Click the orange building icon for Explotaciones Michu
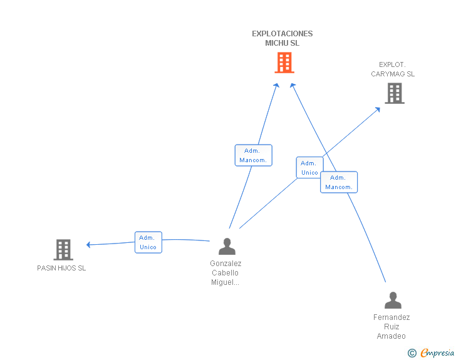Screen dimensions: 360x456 pyautogui.click(x=284, y=63)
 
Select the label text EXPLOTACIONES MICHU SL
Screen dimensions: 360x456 pyautogui.click(x=282, y=38)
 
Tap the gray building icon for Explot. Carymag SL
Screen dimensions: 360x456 pyautogui.click(x=394, y=93)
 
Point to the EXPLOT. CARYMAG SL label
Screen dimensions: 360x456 pyautogui.click(x=393, y=69)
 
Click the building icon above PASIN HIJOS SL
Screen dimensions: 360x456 pyautogui.click(x=63, y=249)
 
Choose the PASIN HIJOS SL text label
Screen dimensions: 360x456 pyautogui.click(x=61, y=268)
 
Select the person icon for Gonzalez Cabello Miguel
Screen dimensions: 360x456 pyautogui.click(x=227, y=246)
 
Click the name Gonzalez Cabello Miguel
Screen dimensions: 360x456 pyautogui.click(x=225, y=273)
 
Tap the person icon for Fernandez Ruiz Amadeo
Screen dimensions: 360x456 pyautogui.click(x=393, y=301)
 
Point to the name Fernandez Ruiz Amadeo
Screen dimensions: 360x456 pyautogui.click(x=391, y=327)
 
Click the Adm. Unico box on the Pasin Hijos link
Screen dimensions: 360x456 pyautogui.click(x=148, y=242)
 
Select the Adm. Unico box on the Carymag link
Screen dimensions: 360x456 pyautogui.click(x=309, y=168)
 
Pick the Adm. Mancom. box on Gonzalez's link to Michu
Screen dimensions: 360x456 pyautogui.click(x=253, y=155)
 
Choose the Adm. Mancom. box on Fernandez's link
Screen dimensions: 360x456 pyautogui.click(x=339, y=182)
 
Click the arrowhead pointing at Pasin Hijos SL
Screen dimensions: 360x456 pyautogui.click(x=88, y=244)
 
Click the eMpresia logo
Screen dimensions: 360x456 pyautogui.click(x=437, y=352)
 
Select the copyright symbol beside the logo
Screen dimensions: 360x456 pyautogui.click(x=412, y=353)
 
